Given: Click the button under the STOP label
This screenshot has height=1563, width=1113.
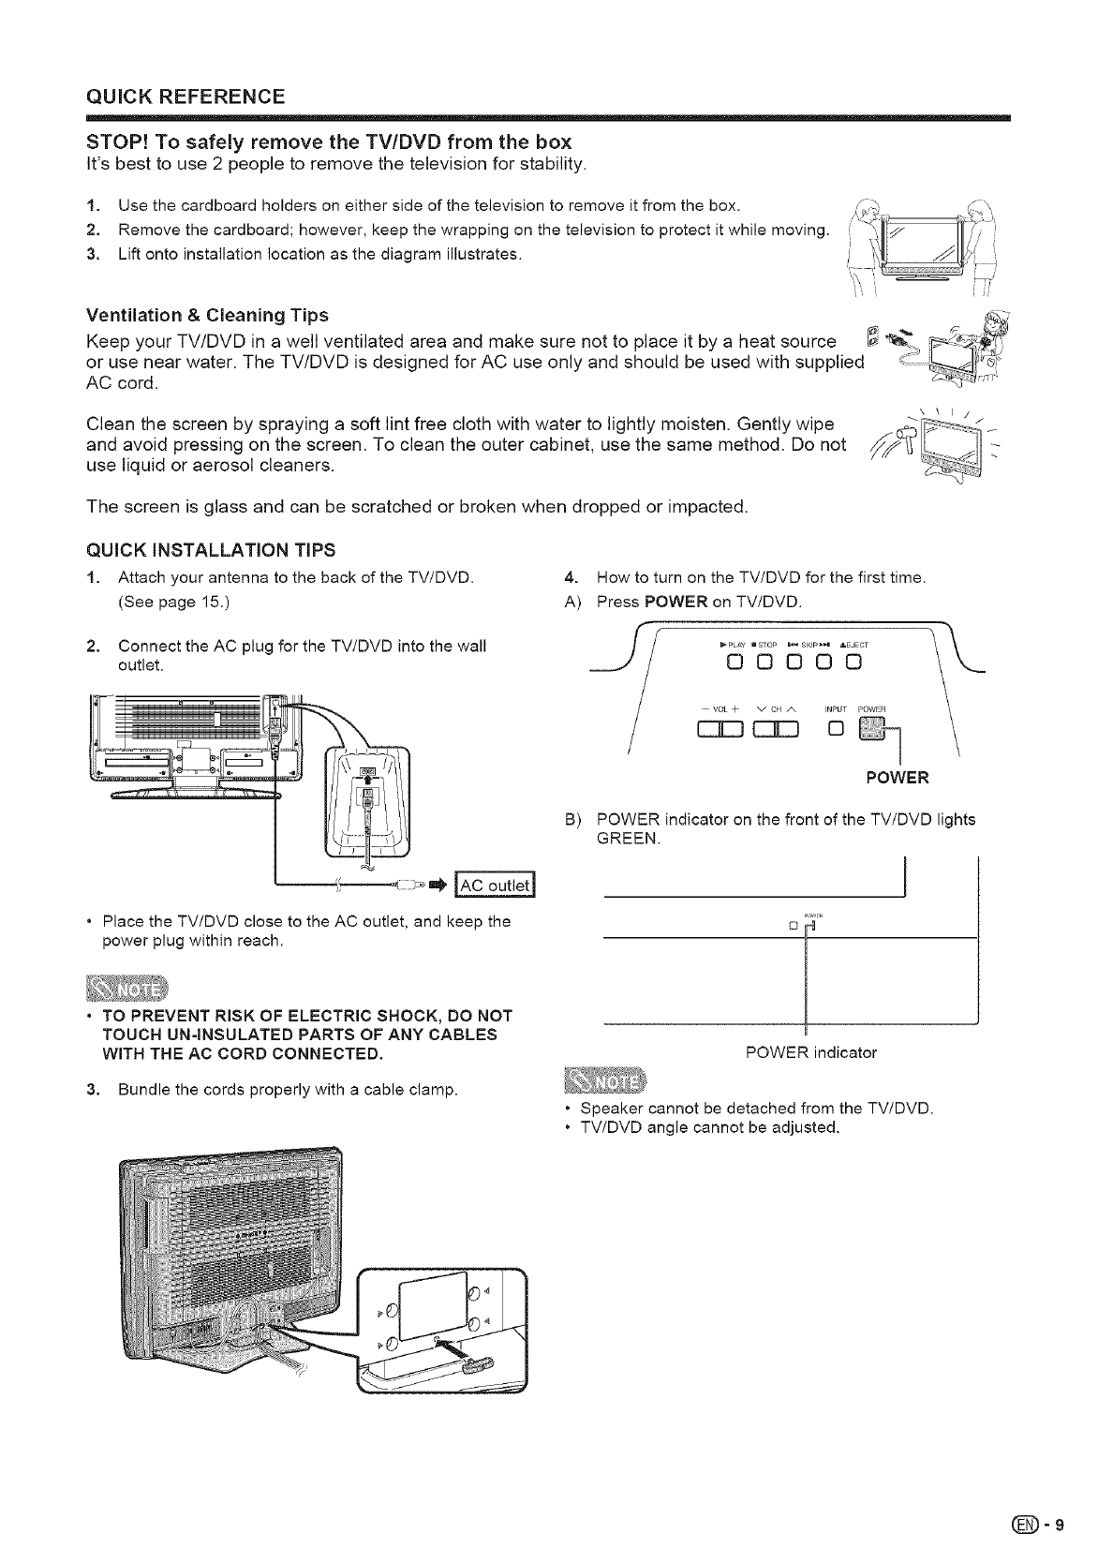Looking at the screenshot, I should pyautogui.click(x=765, y=665).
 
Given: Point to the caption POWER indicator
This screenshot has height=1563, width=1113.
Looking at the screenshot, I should pyautogui.click(x=810, y=1052).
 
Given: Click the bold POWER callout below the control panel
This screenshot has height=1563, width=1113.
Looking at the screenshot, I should pyautogui.click(x=898, y=777).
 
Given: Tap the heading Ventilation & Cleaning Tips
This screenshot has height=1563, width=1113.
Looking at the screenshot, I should pyautogui.click(x=207, y=314).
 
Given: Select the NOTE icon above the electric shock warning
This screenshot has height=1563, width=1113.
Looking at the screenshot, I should pyautogui.click(x=124, y=988).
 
